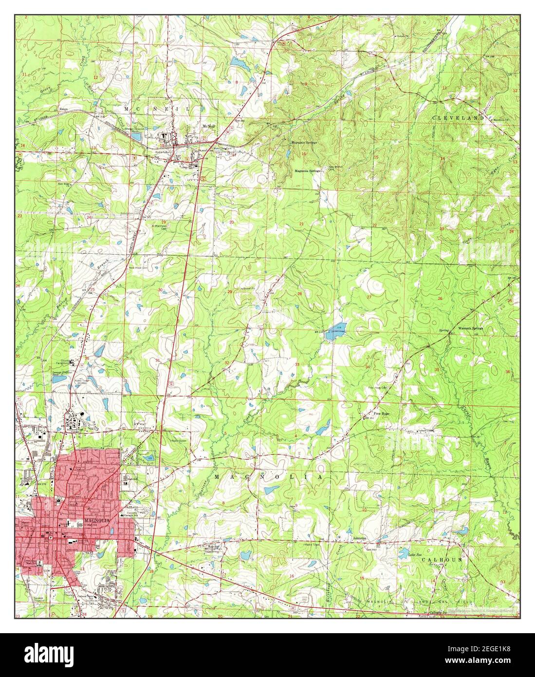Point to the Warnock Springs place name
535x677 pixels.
click(x=469, y=329)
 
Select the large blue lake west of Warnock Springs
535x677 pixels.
click(x=336, y=332)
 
